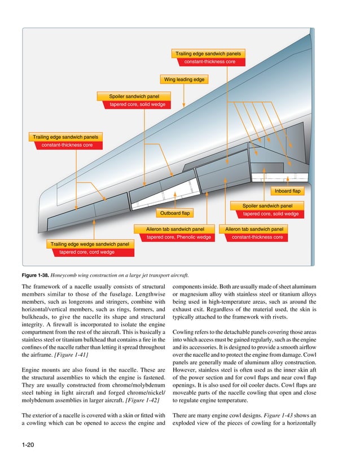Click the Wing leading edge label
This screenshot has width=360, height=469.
pos(183,80)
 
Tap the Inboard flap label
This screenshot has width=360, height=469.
pos(288,191)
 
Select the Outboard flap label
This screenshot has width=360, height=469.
pos(175,213)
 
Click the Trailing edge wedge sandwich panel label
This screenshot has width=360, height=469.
pos(90,244)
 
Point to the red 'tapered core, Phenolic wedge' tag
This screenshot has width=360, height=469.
pos(179,238)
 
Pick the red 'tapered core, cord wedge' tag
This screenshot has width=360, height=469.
pos(87,252)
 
